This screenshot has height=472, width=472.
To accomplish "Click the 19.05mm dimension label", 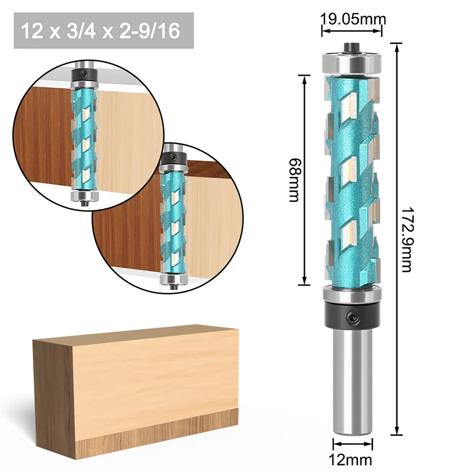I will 353,19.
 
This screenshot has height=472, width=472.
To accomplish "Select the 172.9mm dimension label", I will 406,239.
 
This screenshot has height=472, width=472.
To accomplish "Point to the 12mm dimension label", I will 353,459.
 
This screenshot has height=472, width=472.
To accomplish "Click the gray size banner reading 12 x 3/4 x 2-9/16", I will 103,31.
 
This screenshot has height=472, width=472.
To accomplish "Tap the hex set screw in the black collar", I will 353,318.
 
